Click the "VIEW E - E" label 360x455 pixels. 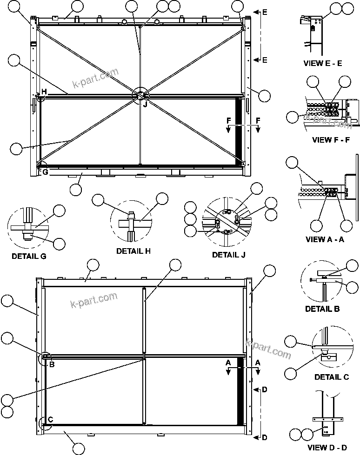click(x=322, y=63)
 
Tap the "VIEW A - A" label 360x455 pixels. click(x=325, y=239)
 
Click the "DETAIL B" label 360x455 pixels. click(x=322, y=309)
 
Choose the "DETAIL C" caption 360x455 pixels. click(x=331, y=377)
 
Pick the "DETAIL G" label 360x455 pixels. click(x=29, y=256)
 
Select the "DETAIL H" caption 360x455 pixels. click(x=133, y=251)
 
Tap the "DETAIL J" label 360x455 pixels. click(x=228, y=255)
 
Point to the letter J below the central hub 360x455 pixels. click(x=145, y=104)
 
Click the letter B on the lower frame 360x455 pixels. click(x=52, y=364)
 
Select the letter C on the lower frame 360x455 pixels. click(x=50, y=420)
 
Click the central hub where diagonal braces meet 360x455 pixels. click(x=140, y=95)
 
